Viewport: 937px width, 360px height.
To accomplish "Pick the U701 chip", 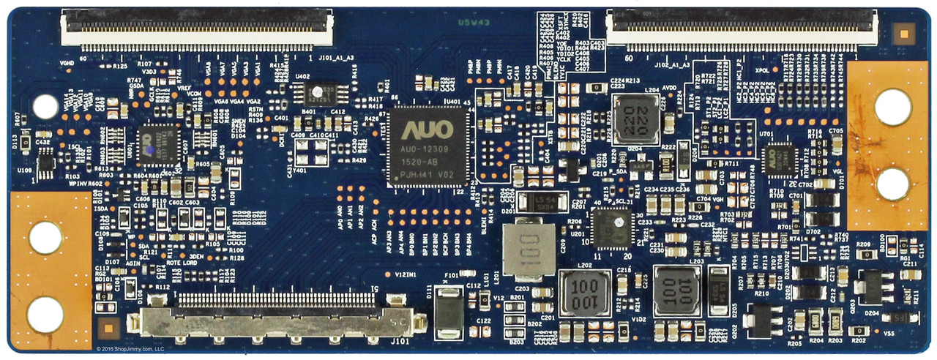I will coord(779,157).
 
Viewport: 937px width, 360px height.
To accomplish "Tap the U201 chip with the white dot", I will coord(612,227).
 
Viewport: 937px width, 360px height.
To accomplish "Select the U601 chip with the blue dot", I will coord(158,143).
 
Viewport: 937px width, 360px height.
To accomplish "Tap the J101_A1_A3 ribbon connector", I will coord(197,30).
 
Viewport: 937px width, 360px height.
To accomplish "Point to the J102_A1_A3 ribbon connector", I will coord(742,30).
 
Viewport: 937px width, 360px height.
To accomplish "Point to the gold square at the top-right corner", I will coord(905,34).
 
